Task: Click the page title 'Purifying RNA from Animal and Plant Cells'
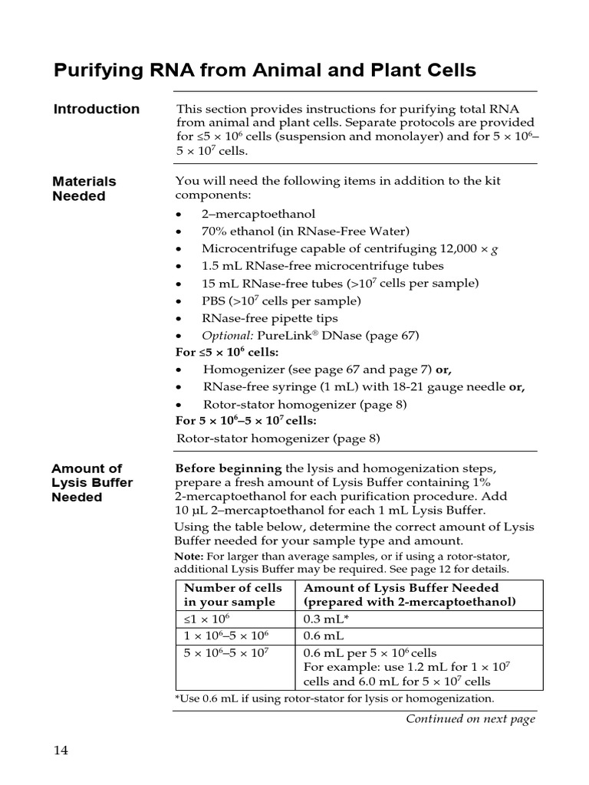click(265, 71)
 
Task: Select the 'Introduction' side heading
click(97, 109)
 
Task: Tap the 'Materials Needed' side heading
click(84, 189)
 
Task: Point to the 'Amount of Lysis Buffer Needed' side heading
click(92, 482)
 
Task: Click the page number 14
click(61, 750)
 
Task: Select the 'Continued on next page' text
click(470, 718)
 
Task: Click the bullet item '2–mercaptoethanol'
click(258, 214)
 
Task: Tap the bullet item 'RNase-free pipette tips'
click(269, 318)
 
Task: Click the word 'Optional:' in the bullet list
click(227, 335)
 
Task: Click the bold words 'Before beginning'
click(229, 468)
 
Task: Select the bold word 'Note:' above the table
click(189, 556)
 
